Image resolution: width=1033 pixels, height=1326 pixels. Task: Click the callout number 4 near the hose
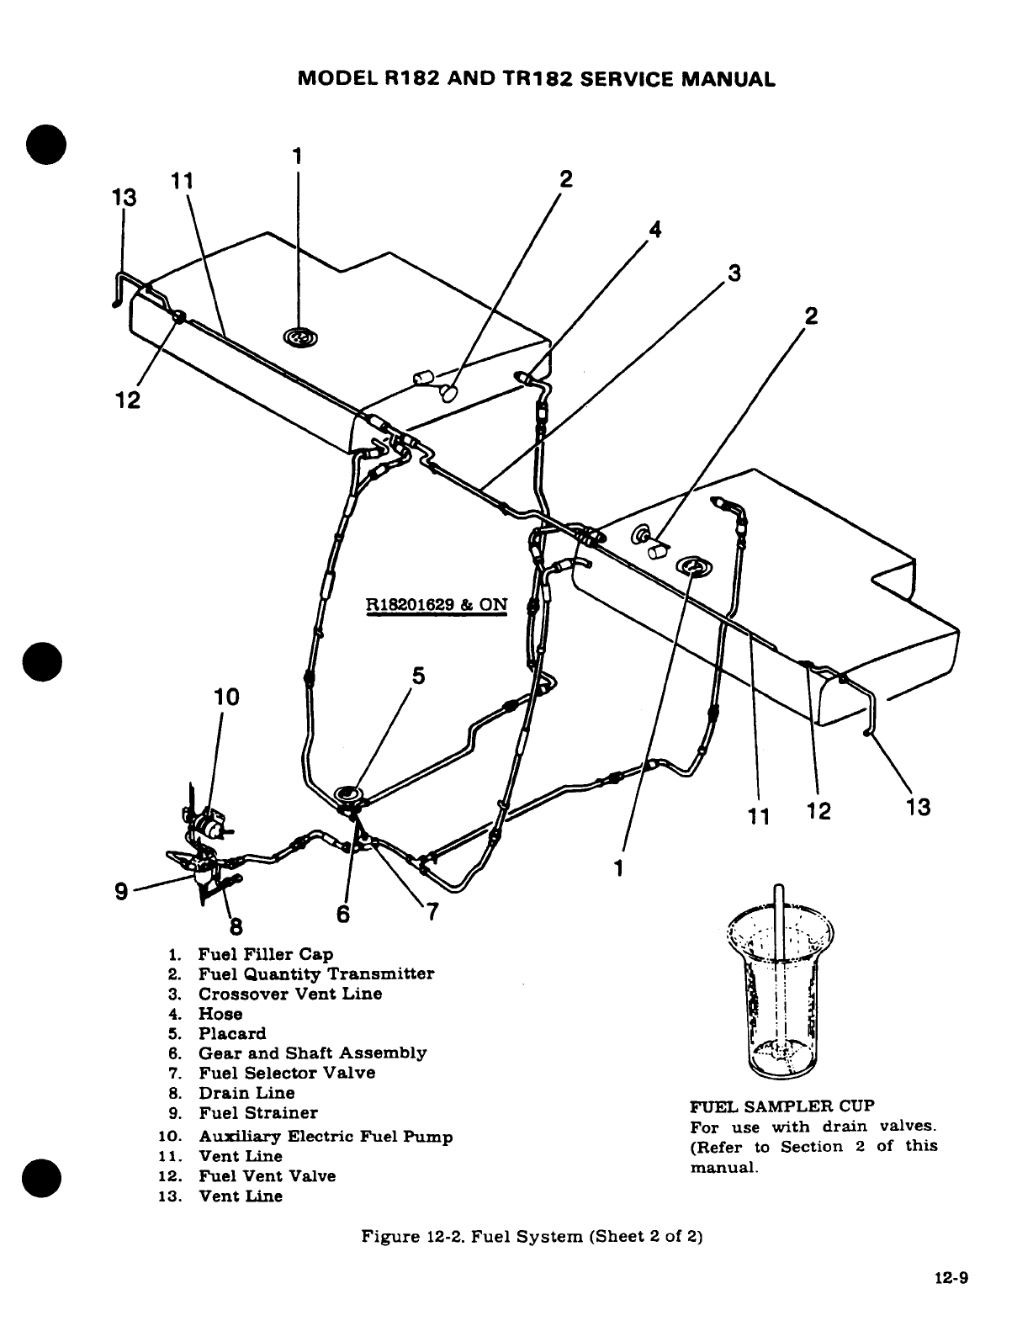point(655,229)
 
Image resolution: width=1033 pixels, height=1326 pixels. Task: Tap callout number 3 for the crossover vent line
point(734,273)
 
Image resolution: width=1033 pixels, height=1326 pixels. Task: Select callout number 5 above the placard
point(418,676)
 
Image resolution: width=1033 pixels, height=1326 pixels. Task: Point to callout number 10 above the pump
point(225,697)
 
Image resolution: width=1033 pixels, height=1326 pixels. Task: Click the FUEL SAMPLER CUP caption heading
point(782,1106)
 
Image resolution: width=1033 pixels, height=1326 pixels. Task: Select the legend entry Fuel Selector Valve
point(286,1073)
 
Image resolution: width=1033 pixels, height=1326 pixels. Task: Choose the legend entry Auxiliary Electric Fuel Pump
point(325,1137)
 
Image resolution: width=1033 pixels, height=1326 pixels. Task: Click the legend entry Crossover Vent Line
point(289,994)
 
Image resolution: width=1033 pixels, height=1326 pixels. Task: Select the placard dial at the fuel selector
point(348,793)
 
